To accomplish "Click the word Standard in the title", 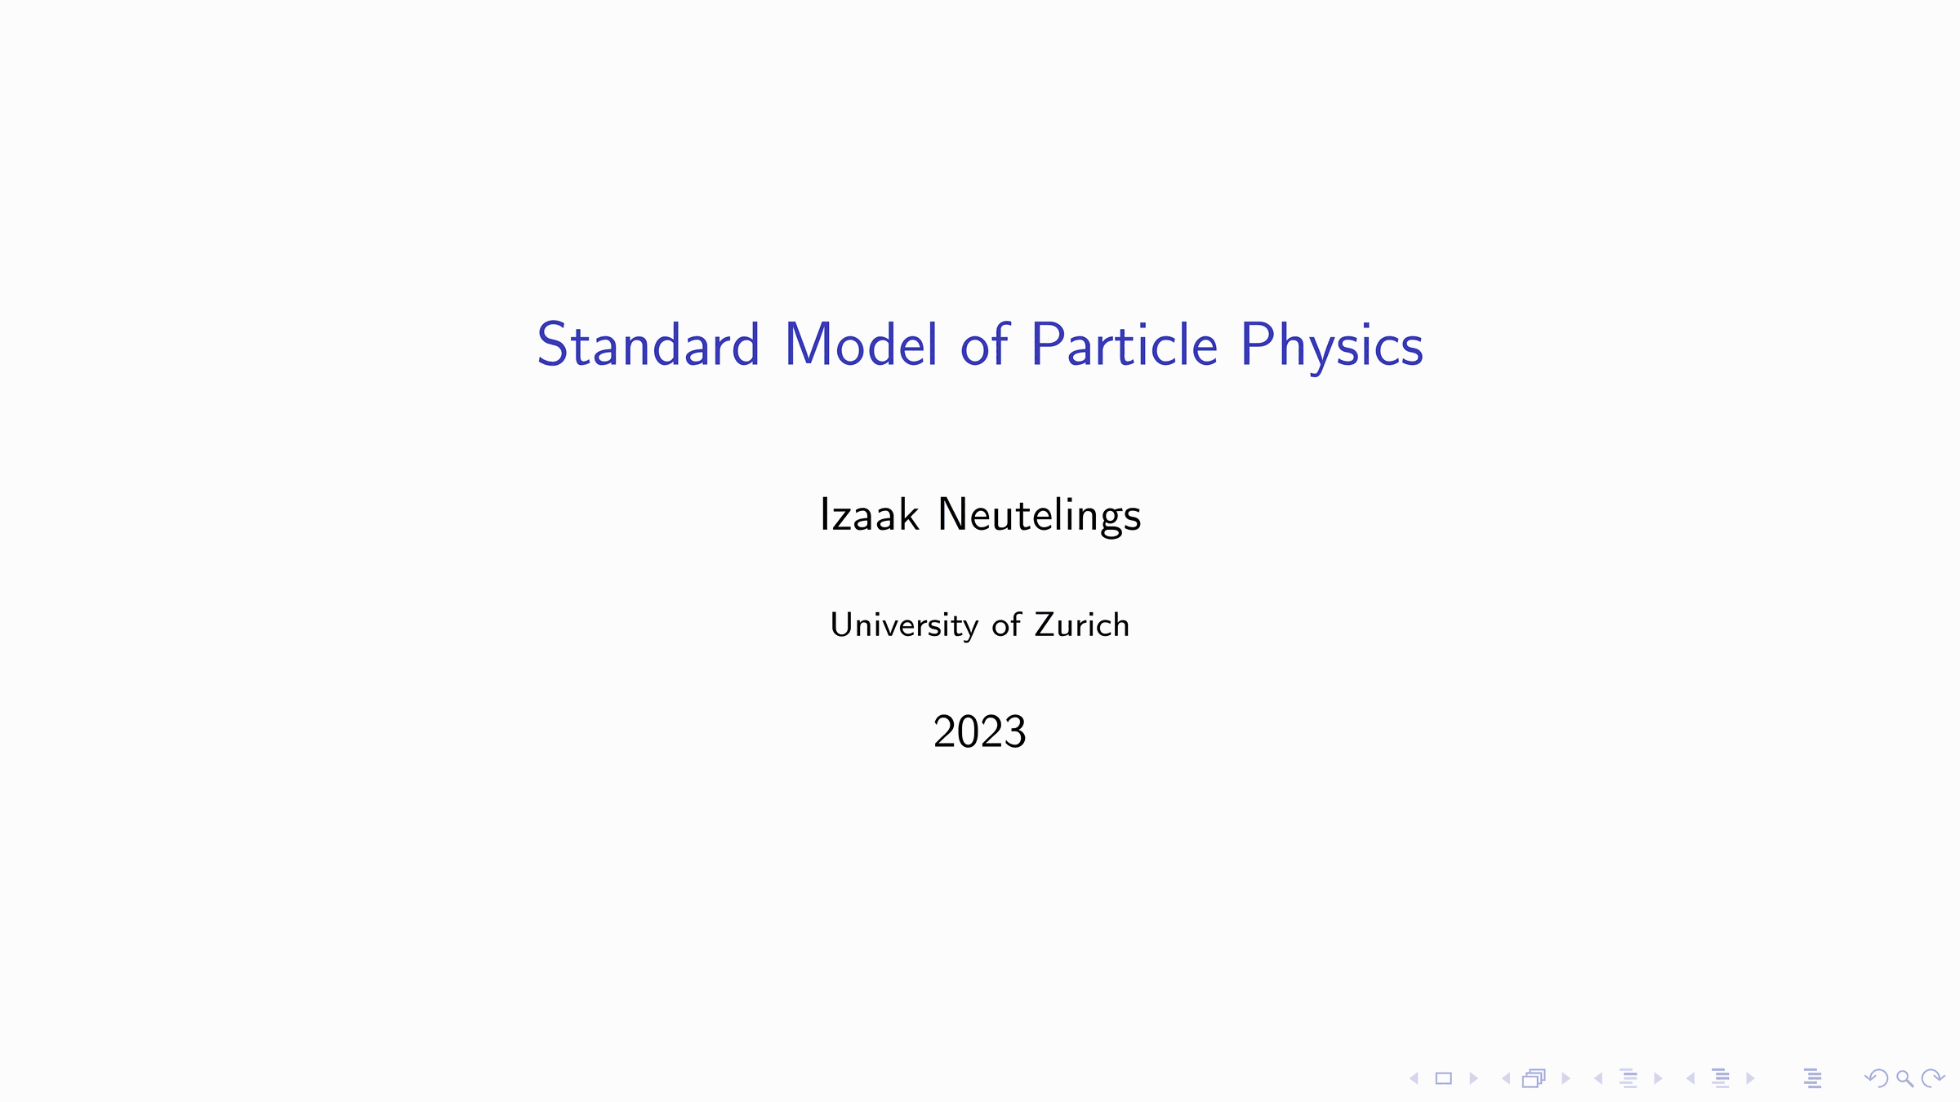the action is click(x=648, y=344).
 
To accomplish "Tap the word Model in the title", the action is click(x=861, y=344).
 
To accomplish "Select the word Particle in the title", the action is click(x=1125, y=344).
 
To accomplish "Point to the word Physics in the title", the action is click(x=1332, y=347).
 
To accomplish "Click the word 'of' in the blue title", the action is click(x=985, y=344).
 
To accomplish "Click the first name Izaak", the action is click(x=870, y=515).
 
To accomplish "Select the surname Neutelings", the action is click(x=1040, y=517).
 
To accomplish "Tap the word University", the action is click(x=904, y=626).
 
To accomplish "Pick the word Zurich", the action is click(x=1082, y=624).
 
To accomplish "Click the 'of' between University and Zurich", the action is click(x=1006, y=624).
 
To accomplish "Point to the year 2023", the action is click(x=979, y=731).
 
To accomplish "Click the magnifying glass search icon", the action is click(x=1904, y=1079).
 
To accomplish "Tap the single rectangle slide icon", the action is click(x=1444, y=1078).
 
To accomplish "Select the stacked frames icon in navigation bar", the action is click(x=1534, y=1078).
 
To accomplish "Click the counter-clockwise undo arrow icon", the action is click(x=1877, y=1078).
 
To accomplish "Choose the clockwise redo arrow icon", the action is click(x=1933, y=1078).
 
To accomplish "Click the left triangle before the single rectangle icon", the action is click(x=1414, y=1078).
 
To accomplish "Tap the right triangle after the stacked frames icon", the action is click(x=1566, y=1078).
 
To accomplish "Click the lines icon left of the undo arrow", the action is click(x=1813, y=1078).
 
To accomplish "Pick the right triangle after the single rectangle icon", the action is click(x=1473, y=1078).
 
